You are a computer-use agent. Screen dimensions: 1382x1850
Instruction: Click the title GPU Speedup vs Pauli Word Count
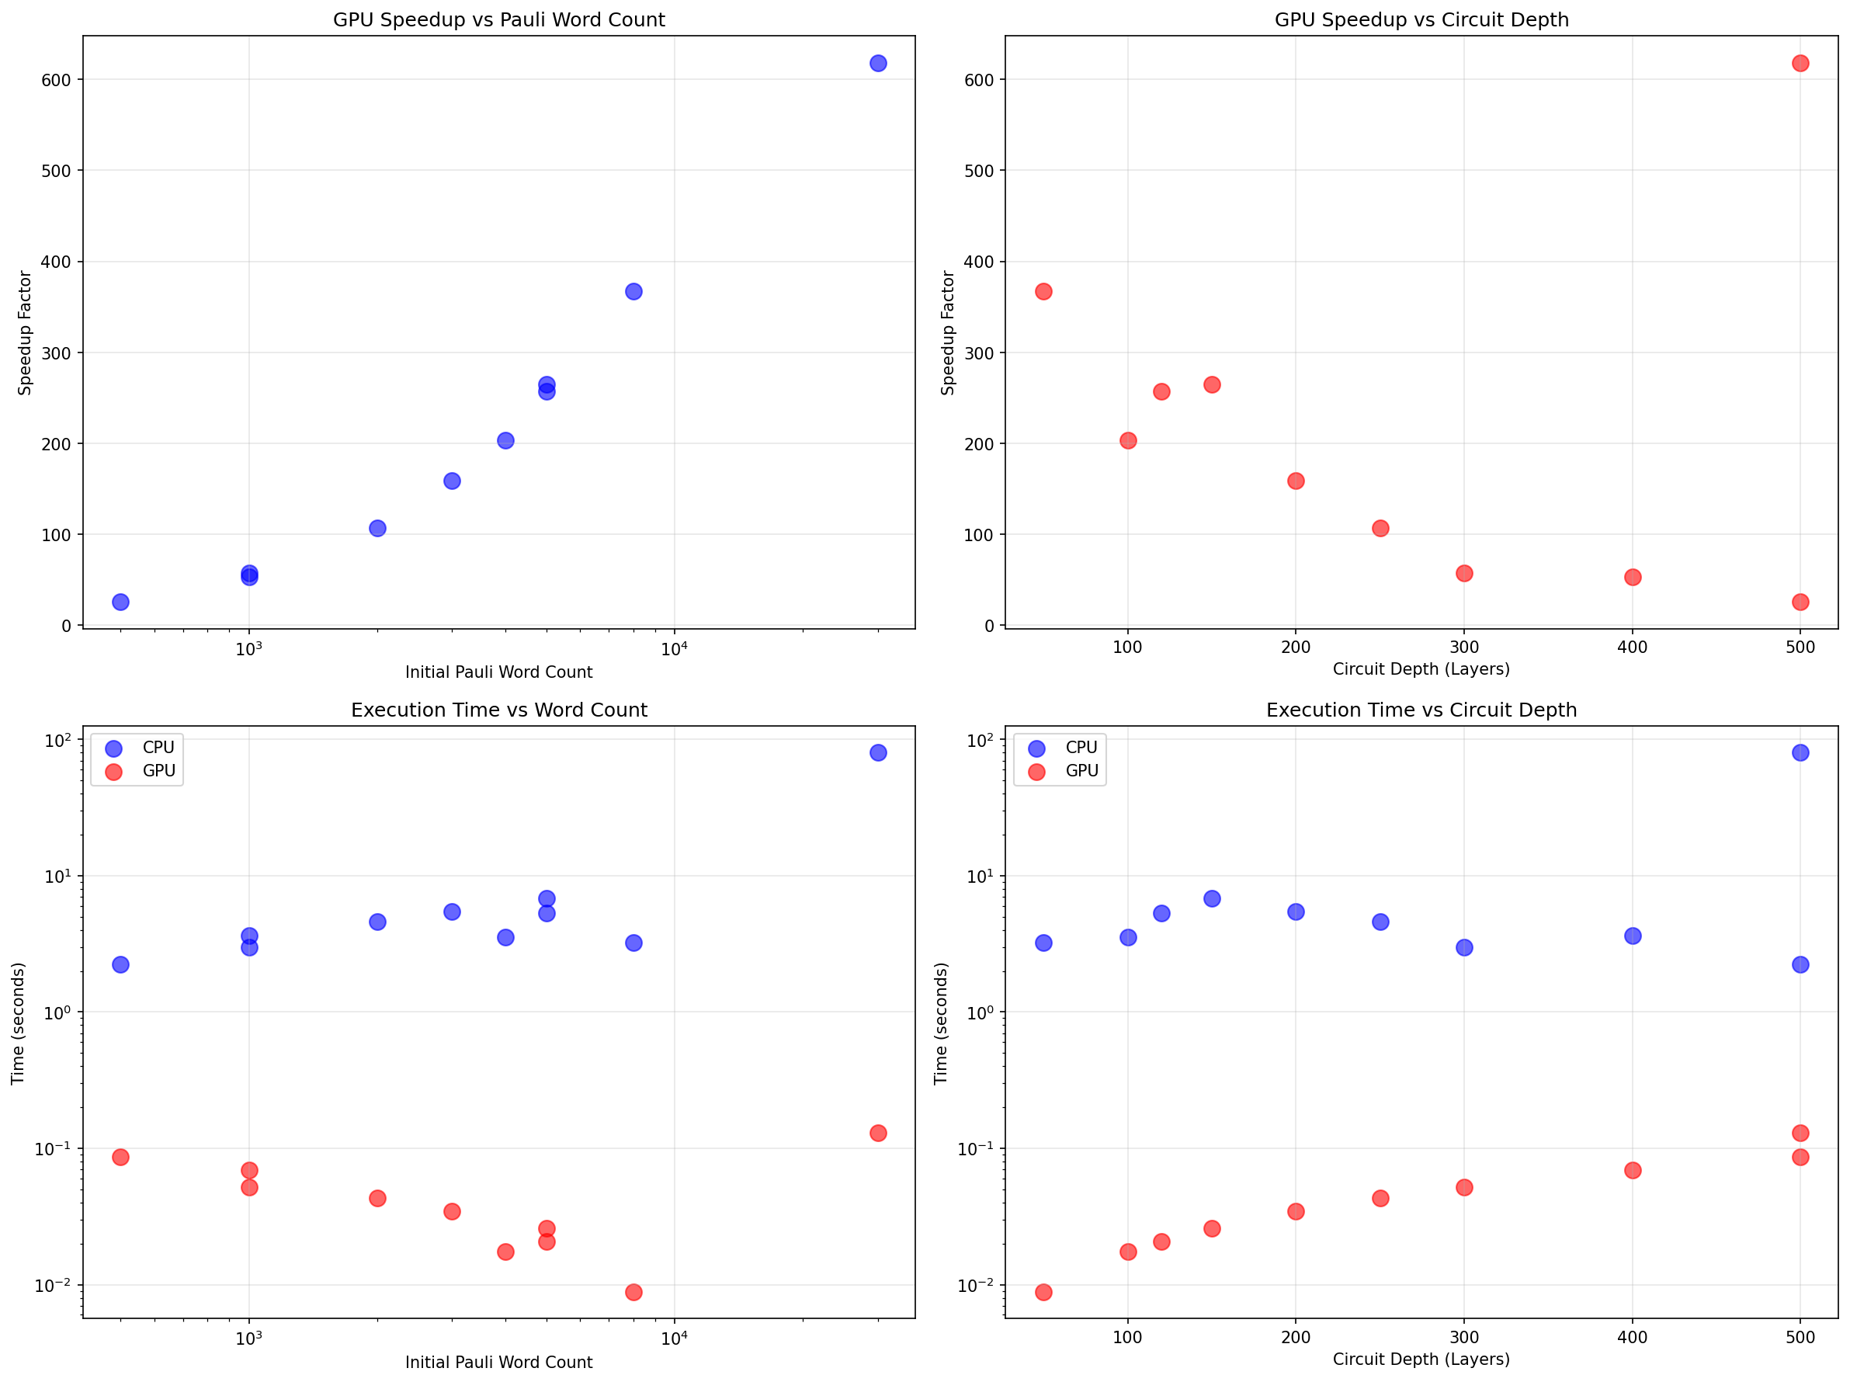coord(498,19)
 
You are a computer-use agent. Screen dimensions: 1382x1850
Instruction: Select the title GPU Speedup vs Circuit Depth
coord(1421,19)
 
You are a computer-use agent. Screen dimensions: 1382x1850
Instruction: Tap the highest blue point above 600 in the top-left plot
coord(877,64)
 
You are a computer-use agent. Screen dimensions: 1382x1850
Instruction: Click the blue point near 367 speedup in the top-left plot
coord(633,291)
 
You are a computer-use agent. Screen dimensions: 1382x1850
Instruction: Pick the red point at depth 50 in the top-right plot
coord(1043,291)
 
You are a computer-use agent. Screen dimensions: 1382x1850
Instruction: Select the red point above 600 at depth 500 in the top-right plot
coord(1800,64)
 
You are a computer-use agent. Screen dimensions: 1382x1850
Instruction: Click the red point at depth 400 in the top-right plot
coord(1632,577)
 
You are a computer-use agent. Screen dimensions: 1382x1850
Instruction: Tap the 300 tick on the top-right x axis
coord(1463,647)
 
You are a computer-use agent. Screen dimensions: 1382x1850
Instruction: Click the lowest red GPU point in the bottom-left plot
coord(633,1292)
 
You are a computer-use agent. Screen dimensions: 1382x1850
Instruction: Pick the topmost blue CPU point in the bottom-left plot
coord(877,752)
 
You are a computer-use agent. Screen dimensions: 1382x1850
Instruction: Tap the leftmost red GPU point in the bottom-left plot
coord(120,1157)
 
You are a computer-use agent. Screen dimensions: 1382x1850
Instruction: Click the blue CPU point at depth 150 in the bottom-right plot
coord(1211,898)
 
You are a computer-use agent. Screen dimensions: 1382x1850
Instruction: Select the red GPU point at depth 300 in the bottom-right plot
coord(1463,1187)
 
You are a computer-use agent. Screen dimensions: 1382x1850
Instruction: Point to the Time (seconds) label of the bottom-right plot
coord(941,1023)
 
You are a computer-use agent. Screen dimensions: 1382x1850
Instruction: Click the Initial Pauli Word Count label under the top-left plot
coord(498,672)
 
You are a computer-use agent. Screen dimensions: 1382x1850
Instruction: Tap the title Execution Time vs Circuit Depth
coord(1421,710)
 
